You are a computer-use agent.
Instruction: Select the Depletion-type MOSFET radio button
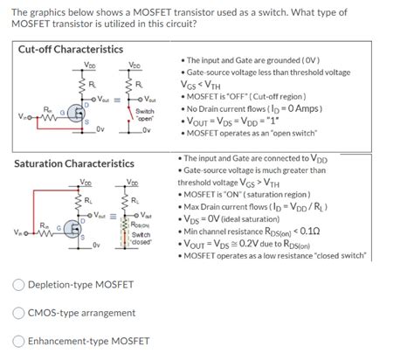(x=19, y=284)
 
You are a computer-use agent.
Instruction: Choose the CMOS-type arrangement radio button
(x=19, y=312)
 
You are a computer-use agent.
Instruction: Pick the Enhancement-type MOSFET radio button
(x=19, y=341)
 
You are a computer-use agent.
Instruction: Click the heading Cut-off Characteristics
(x=71, y=49)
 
